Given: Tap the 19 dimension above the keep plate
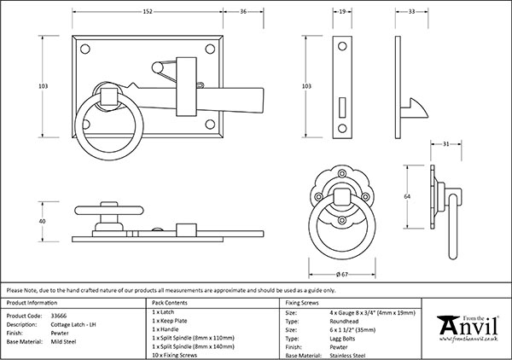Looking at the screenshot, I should (x=341, y=12).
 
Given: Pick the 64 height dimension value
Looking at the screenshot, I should (x=408, y=195).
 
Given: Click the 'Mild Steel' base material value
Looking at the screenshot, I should (x=67, y=341).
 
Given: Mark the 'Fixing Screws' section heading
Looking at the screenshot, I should (x=302, y=303).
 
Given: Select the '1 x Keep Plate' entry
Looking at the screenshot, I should (x=170, y=323).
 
